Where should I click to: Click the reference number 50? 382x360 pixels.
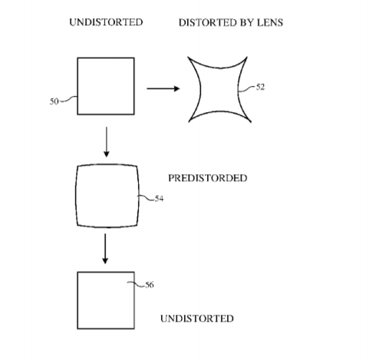click(x=54, y=101)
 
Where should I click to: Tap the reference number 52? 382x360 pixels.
click(x=260, y=87)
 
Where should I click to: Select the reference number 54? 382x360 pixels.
click(x=159, y=198)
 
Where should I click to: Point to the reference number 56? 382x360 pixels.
click(x=150, y=285)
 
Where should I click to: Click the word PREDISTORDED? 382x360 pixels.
click(x=208, y=178)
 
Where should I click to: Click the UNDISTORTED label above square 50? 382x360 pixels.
click(x=106, y=22)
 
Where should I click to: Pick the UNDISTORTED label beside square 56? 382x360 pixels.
click(x=197, y=319)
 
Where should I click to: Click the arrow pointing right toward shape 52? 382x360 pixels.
click(x=163, y=88)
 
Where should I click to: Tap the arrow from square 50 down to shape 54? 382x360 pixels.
click(x=107, y=142)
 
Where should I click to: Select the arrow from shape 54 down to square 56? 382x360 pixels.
click(x=105, y=249)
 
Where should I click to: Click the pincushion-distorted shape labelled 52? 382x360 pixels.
click(x=201, y=90)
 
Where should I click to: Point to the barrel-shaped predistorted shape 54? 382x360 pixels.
click(x=76, y=196)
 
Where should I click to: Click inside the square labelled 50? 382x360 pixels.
click(x=106, y=86)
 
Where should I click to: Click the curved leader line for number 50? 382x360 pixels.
click(x=68, y=99)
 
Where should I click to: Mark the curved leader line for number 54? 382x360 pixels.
click(x=146, y=198)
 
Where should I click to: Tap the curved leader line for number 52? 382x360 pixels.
click(x=247, y=89)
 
